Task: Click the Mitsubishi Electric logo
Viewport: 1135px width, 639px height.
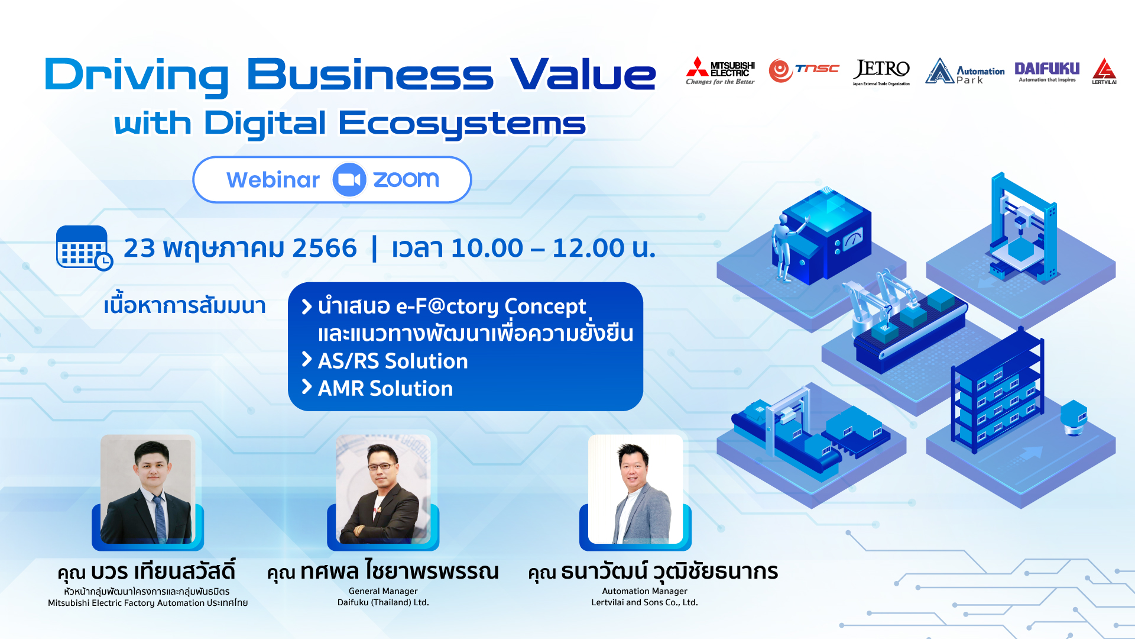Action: pos(720,71)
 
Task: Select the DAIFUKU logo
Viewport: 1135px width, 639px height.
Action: pos(1047,72)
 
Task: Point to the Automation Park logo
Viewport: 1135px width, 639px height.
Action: pos(965,72)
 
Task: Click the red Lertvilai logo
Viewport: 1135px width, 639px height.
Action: pos(1104,71)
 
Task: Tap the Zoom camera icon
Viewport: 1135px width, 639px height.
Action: pos(349,180)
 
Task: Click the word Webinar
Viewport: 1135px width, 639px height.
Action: pos(273,180)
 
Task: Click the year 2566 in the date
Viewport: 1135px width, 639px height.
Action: pos(325,248)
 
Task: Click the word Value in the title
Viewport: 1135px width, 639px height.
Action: pos(583,75)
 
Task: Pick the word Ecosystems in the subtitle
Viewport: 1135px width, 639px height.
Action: pos(462,124)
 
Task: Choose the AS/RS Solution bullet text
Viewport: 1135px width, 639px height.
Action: pos(393,361)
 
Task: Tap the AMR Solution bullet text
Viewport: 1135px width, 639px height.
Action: pos(385,389)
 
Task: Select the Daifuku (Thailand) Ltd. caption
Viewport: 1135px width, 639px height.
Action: pos(383,602)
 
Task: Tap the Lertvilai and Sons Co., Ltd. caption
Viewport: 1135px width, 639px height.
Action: pos(644,602)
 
